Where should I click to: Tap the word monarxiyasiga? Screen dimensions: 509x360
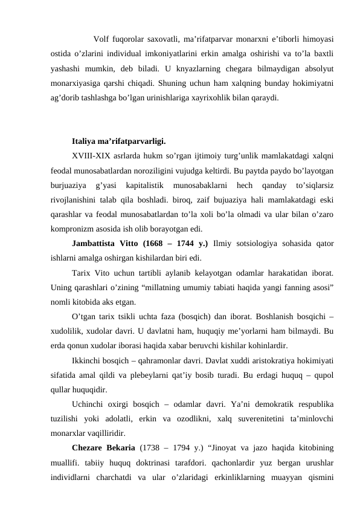point(80,82)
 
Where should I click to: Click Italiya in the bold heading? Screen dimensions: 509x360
point(84,143)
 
